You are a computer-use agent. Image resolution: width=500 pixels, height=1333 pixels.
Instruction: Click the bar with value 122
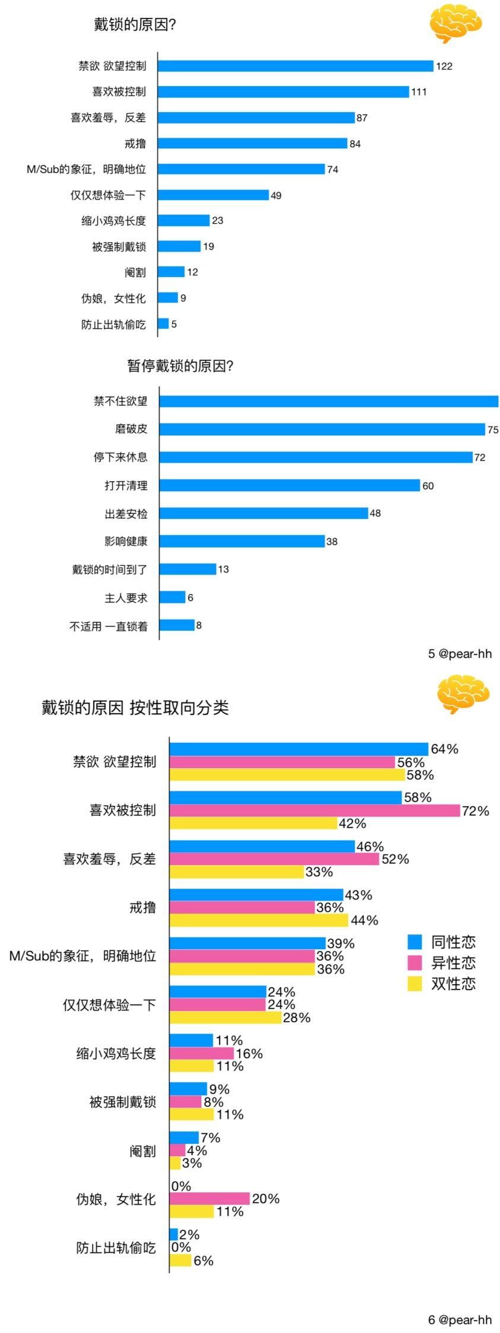(x=295, y=66)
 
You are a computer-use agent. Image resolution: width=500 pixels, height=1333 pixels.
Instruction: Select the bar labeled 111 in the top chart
(x=284, y=91)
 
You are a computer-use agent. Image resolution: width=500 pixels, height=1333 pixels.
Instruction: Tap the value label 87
(x=362, y=117)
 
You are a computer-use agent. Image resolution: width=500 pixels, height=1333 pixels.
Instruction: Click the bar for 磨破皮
(x=322, y=429)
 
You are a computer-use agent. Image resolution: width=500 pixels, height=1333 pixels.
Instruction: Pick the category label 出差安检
(x=126, y=514)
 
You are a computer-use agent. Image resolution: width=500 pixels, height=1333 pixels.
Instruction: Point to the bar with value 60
(x=289, y=485)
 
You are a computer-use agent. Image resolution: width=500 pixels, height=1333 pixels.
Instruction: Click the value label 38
(x=332, y=542)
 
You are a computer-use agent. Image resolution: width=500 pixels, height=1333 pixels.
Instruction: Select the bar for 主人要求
(x=172, y=597)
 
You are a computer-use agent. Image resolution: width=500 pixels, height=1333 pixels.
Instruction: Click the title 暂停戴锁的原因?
(x=180, y=366)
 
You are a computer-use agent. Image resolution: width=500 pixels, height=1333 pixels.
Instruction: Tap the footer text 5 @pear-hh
(x=460, y=654)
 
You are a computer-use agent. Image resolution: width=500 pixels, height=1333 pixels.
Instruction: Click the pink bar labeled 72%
(x=314, y=810)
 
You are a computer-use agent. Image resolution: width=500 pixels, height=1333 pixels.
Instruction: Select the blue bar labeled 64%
(x=298, y=749)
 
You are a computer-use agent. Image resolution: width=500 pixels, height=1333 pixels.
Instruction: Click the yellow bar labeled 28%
(x=225, y=1017)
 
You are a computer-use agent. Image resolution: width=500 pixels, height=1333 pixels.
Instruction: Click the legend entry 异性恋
(x=453, y=962)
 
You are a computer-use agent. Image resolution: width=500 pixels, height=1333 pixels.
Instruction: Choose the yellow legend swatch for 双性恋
(x=415, y=984)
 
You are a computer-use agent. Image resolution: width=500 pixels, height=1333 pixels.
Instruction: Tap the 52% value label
(x=395, y=859)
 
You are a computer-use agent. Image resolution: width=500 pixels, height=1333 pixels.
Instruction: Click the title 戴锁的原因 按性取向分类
(x=135, y=708)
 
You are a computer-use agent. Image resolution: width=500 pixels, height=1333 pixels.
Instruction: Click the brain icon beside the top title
(x=455, y=24)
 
